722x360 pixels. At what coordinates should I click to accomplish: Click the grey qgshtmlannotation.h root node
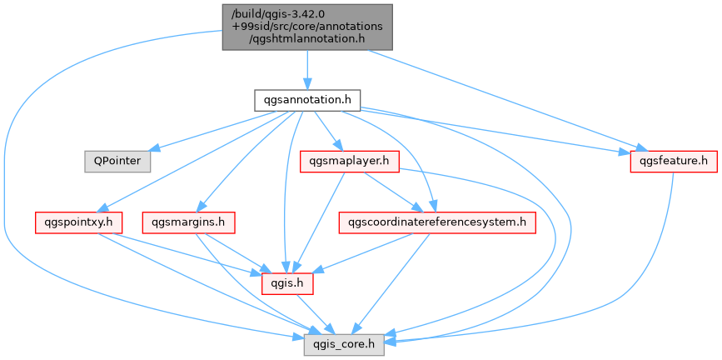[306, 26]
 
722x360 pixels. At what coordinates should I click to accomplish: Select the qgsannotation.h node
[306, 100]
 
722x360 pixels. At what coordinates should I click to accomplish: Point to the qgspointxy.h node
[79, 222]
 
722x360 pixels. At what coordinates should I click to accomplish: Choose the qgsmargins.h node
[188, 222]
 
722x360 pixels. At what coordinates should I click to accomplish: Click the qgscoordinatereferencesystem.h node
[437, 222]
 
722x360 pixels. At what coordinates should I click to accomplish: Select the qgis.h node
[286, 283]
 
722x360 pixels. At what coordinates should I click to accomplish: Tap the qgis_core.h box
[343, 343]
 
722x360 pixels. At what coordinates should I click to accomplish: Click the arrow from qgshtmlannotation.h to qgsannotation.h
[306, 67]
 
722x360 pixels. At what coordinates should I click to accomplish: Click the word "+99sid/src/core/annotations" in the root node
[306, 26]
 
